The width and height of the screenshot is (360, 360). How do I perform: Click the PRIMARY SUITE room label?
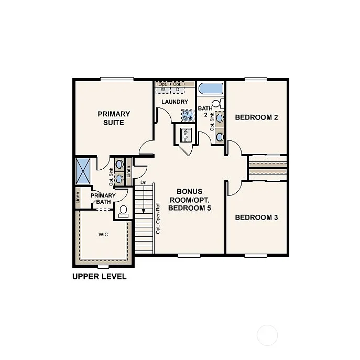pyautogui.click(x=114, y=118)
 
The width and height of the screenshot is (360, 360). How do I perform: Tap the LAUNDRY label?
pyautogui.click(x=174, y=102)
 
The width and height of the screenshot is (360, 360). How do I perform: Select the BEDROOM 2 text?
pyautogui.click(x=256, y=117)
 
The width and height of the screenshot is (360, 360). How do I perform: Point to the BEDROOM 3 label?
pyautogui.click(x=256, y=217)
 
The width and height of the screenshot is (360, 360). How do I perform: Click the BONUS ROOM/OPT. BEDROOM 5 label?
pyautogui.click(x=189, y=200)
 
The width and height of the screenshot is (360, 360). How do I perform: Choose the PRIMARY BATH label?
pyautogui.click(x=103, y=199)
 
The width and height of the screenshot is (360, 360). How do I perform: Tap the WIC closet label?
pyautogui.click(x=103, y=234)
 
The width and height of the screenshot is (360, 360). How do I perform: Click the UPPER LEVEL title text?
pyautogui.click(x=99, y=276)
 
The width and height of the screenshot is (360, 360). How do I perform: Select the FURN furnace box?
pyautogui.click(x=186, y=135)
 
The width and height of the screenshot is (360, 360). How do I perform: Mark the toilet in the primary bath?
pyautogui.click(x=123, y=212)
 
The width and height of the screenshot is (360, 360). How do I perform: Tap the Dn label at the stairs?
pyautogui.click(x=143, y=182)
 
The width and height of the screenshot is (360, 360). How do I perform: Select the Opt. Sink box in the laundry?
pyautogui.click(x=187, y=115)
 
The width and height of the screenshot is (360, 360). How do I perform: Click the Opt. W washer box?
pyautogui.click(x=163, y=86)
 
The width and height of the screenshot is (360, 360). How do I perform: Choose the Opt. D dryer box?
pyautogui.click(x=178, y=86)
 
